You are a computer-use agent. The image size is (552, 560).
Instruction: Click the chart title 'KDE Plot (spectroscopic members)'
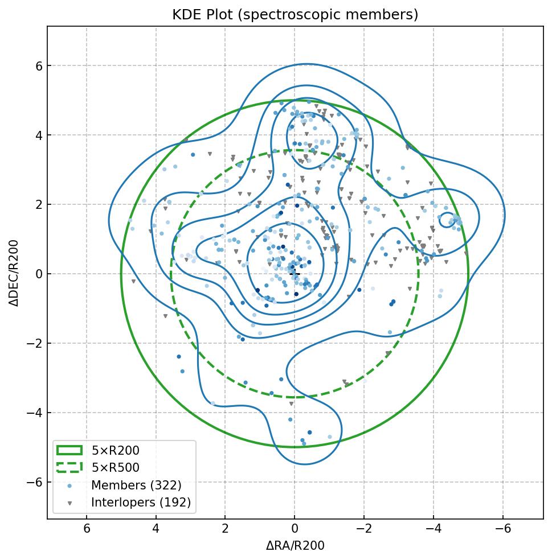(295, 15)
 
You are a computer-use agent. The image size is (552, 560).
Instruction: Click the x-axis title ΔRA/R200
(295, 546)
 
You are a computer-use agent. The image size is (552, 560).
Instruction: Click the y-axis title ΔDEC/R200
(14, 273)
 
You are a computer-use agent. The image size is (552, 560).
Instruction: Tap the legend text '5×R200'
(115, 451)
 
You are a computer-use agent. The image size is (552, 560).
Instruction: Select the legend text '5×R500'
(115, 468)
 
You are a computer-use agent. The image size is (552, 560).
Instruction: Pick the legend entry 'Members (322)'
(136, 485)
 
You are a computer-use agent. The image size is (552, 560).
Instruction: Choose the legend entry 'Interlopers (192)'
(141, 503)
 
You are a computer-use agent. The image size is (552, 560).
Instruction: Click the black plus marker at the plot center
(295, 274)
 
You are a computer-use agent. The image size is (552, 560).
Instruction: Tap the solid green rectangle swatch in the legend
(69, 451)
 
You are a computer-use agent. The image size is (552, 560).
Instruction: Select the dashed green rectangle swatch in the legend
(69, 468)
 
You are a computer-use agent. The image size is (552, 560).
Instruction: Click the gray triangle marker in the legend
(69, 503)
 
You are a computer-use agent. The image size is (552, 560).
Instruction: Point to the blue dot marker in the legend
(69, 485)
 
